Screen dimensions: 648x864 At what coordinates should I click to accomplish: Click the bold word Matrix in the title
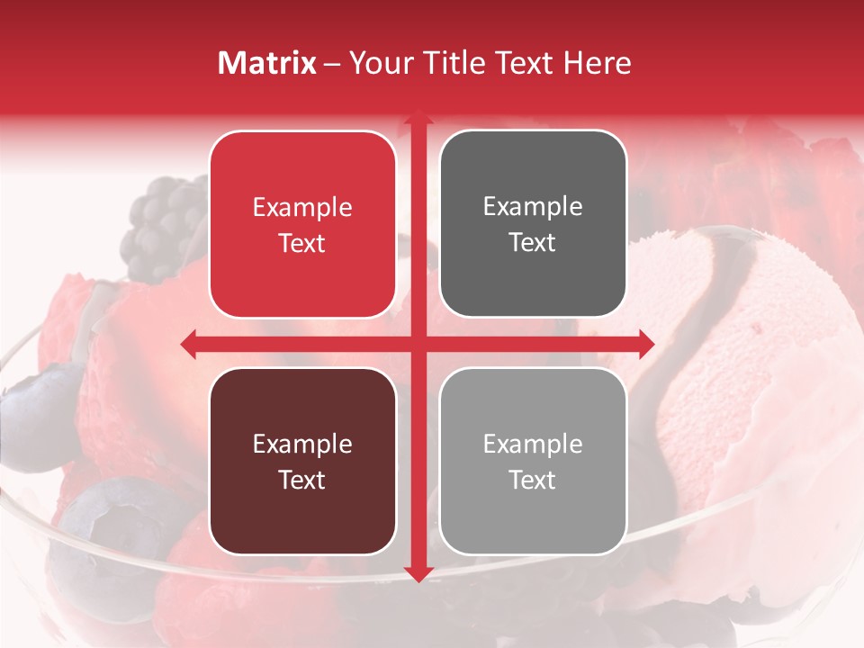[267, 63]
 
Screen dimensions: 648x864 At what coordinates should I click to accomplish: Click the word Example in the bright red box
[302, 207]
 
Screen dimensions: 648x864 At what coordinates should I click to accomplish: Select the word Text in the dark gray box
[533, 243]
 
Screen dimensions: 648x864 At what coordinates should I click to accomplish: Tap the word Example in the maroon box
[302, 444]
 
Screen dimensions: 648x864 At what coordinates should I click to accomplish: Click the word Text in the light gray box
[533, 480]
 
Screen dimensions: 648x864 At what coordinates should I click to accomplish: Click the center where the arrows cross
[418, 343]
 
